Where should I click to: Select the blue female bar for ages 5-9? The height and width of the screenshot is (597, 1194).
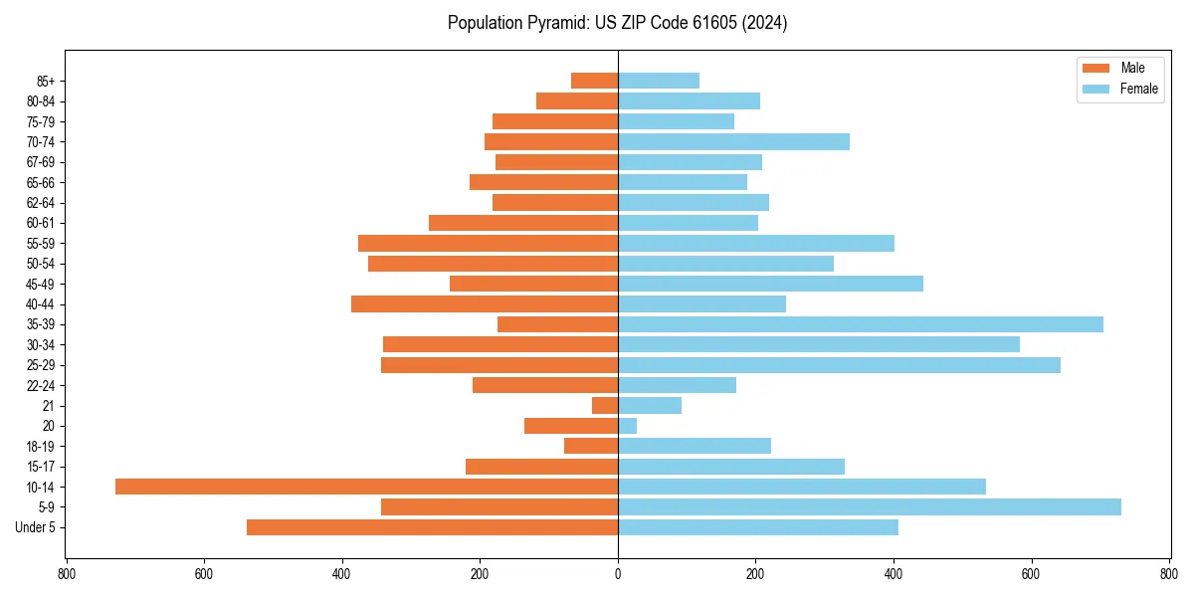tap(870, 506)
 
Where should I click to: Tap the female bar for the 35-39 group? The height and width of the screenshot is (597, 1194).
tap(861, 324)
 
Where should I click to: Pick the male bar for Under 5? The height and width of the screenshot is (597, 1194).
tap(432, 527)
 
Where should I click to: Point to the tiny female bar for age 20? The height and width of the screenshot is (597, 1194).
tap(628, 426)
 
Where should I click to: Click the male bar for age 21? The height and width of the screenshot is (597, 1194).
tap(605, 405)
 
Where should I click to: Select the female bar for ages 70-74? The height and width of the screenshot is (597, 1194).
tap(733, 141)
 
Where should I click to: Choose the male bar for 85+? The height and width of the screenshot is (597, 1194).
tap(594, 81)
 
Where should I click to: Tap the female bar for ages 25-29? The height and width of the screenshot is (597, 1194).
tap(839, 365)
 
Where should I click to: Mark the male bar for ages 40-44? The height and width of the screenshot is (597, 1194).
tap(485, 303)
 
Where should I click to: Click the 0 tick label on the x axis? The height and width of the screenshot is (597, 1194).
tap(618, 574)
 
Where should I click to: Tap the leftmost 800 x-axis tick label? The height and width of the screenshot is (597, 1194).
tap(67, 574)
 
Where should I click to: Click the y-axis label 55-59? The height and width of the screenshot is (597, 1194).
tap(41, 243)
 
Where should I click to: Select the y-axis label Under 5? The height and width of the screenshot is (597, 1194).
tap(36, 527)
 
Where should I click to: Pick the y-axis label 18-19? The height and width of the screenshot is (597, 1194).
tap(41, 446)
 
